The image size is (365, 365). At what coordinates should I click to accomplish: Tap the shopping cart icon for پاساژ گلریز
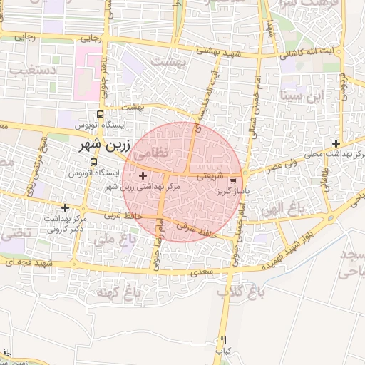point(235,180)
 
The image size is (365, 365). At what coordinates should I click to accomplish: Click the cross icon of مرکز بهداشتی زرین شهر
point(143,175)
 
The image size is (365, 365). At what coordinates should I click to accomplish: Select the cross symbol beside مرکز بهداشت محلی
point(336,143)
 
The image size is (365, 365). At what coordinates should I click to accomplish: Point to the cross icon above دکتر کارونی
point(66,207)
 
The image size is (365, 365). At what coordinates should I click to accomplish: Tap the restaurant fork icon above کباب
point(225,341)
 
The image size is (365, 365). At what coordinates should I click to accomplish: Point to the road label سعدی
point(207,272)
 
